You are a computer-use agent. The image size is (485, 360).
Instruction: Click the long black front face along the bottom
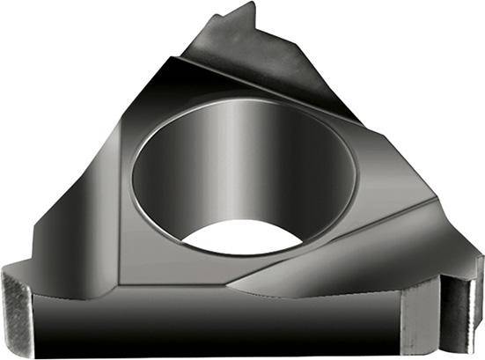220,321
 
